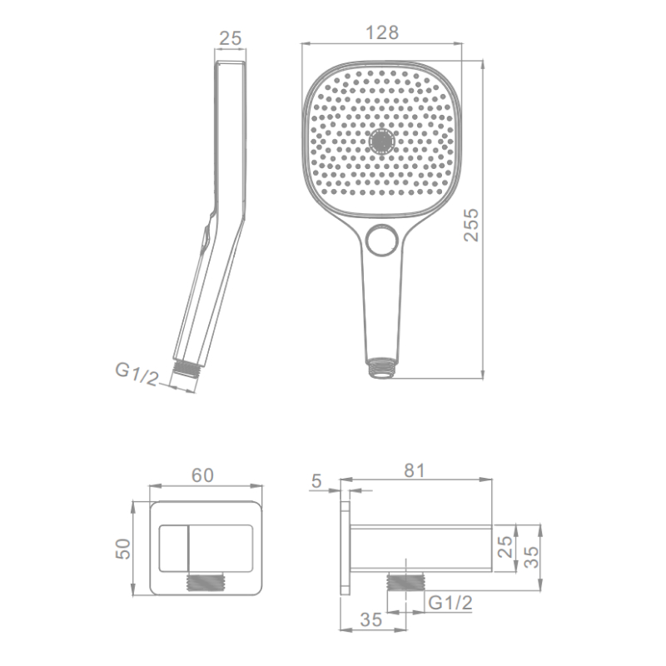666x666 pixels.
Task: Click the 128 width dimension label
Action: coord(382,32)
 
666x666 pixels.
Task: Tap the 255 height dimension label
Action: coord(471,225)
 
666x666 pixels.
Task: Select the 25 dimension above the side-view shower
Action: coord(231,38)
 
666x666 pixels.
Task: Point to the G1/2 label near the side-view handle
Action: coord(137,374)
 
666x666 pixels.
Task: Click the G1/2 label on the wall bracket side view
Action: coord(450,602)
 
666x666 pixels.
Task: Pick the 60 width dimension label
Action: coord(202,475)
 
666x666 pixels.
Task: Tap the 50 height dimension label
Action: coord(123,549)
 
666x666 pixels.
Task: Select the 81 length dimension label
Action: coord(414,470)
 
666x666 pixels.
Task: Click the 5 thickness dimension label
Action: coord(316,481)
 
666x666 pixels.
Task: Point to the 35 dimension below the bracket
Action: coord(370,619)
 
